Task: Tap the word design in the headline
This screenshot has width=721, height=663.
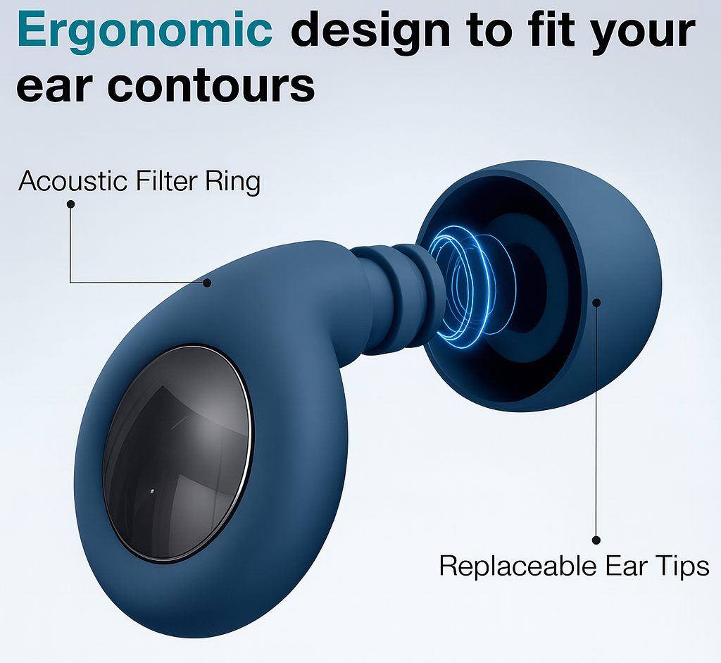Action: click(x=370, y=30)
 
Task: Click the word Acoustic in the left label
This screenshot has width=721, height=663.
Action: click(x=73, y=180)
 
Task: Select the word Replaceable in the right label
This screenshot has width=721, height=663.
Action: click(x=518, y=566)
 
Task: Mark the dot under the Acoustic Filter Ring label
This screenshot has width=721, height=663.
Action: click(x=71, y=204)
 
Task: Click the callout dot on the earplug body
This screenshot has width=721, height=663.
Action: click(x=208, y=283)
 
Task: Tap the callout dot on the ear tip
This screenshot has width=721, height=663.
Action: click(x=596, y=302)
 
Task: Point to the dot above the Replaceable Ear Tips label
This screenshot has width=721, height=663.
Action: click(x=596, y=540)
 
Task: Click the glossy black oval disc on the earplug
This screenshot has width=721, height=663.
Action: click(x=177, y=454)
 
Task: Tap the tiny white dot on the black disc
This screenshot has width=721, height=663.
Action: click(x=152, y=491)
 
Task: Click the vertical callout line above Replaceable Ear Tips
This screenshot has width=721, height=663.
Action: click(x=596, y=421)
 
